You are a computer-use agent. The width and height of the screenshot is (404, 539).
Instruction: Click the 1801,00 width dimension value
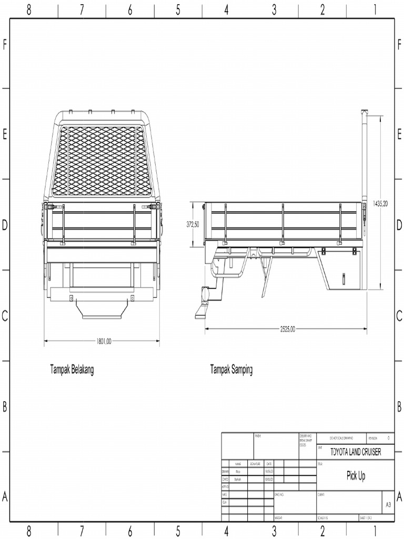[x=104, y=341]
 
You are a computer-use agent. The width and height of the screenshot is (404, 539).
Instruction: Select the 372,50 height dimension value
[x=193, y=224]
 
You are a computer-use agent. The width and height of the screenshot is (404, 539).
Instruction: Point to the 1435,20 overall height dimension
[x=380, y=203]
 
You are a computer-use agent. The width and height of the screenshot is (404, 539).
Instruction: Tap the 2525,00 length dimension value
[x=287, y=329]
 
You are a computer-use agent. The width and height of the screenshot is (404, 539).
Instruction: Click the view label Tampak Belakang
[x=72, y=370]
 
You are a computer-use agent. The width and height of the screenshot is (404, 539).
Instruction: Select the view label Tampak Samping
[x=231, y=370]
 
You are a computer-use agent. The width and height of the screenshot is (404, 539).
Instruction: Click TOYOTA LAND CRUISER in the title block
[x=355, y=452]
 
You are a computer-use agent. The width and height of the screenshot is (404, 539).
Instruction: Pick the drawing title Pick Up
[x=356, y=476]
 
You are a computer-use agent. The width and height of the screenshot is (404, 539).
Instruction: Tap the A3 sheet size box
[x=388, y=504]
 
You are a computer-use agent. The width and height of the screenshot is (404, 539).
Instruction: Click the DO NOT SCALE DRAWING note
[x=341, y=438]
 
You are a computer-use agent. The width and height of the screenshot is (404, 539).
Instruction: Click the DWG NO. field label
[x=279, y=495]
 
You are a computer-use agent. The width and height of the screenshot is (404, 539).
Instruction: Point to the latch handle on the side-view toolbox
[x=344, y=277]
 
